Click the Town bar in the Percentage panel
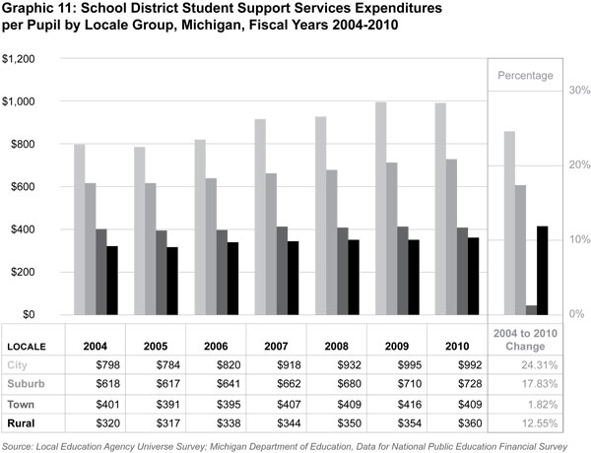coord(532,309)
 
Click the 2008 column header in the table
coord(335,347)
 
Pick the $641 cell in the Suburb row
coord(215,384)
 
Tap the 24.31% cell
coord(525,365)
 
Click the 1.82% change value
coord(528,404)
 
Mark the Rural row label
coord(24,423)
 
